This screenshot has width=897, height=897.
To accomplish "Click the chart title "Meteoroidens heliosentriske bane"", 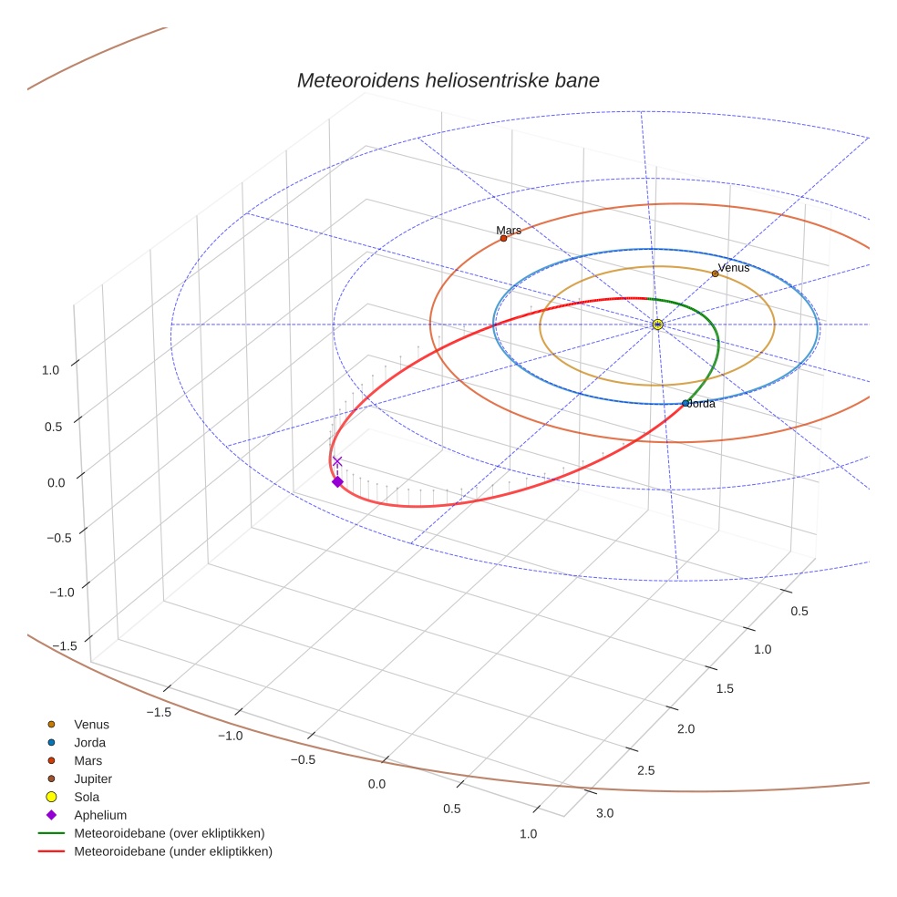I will click(448, 80).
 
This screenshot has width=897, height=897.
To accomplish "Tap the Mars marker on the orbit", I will click(503, 238).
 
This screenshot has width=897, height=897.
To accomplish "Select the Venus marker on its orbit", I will click(715, 273).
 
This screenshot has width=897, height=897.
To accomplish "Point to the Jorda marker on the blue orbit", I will click(686, 403).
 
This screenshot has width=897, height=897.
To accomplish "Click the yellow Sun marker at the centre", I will click(657, 325).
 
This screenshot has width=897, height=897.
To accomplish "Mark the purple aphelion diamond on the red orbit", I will click(337, 481).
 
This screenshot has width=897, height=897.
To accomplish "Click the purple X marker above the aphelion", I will click(337, 462).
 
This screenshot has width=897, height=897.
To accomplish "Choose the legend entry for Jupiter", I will click(92, 778).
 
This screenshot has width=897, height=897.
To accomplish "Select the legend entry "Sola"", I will click(87, 797).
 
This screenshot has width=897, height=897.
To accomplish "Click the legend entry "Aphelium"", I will click(99, 815).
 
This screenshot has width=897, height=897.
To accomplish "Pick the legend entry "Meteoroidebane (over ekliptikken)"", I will click(169, 833).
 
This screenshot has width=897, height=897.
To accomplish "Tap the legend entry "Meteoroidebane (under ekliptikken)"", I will click(172, 851).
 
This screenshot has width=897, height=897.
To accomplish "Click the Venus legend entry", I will click(91, 724).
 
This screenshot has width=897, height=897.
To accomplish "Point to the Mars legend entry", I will click(88, 760).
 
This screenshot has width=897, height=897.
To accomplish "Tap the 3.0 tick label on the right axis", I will click(604, 813).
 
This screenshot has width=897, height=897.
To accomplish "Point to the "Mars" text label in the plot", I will click(509, 231).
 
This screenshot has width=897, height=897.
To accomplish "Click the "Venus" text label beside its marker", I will click(734, 268).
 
